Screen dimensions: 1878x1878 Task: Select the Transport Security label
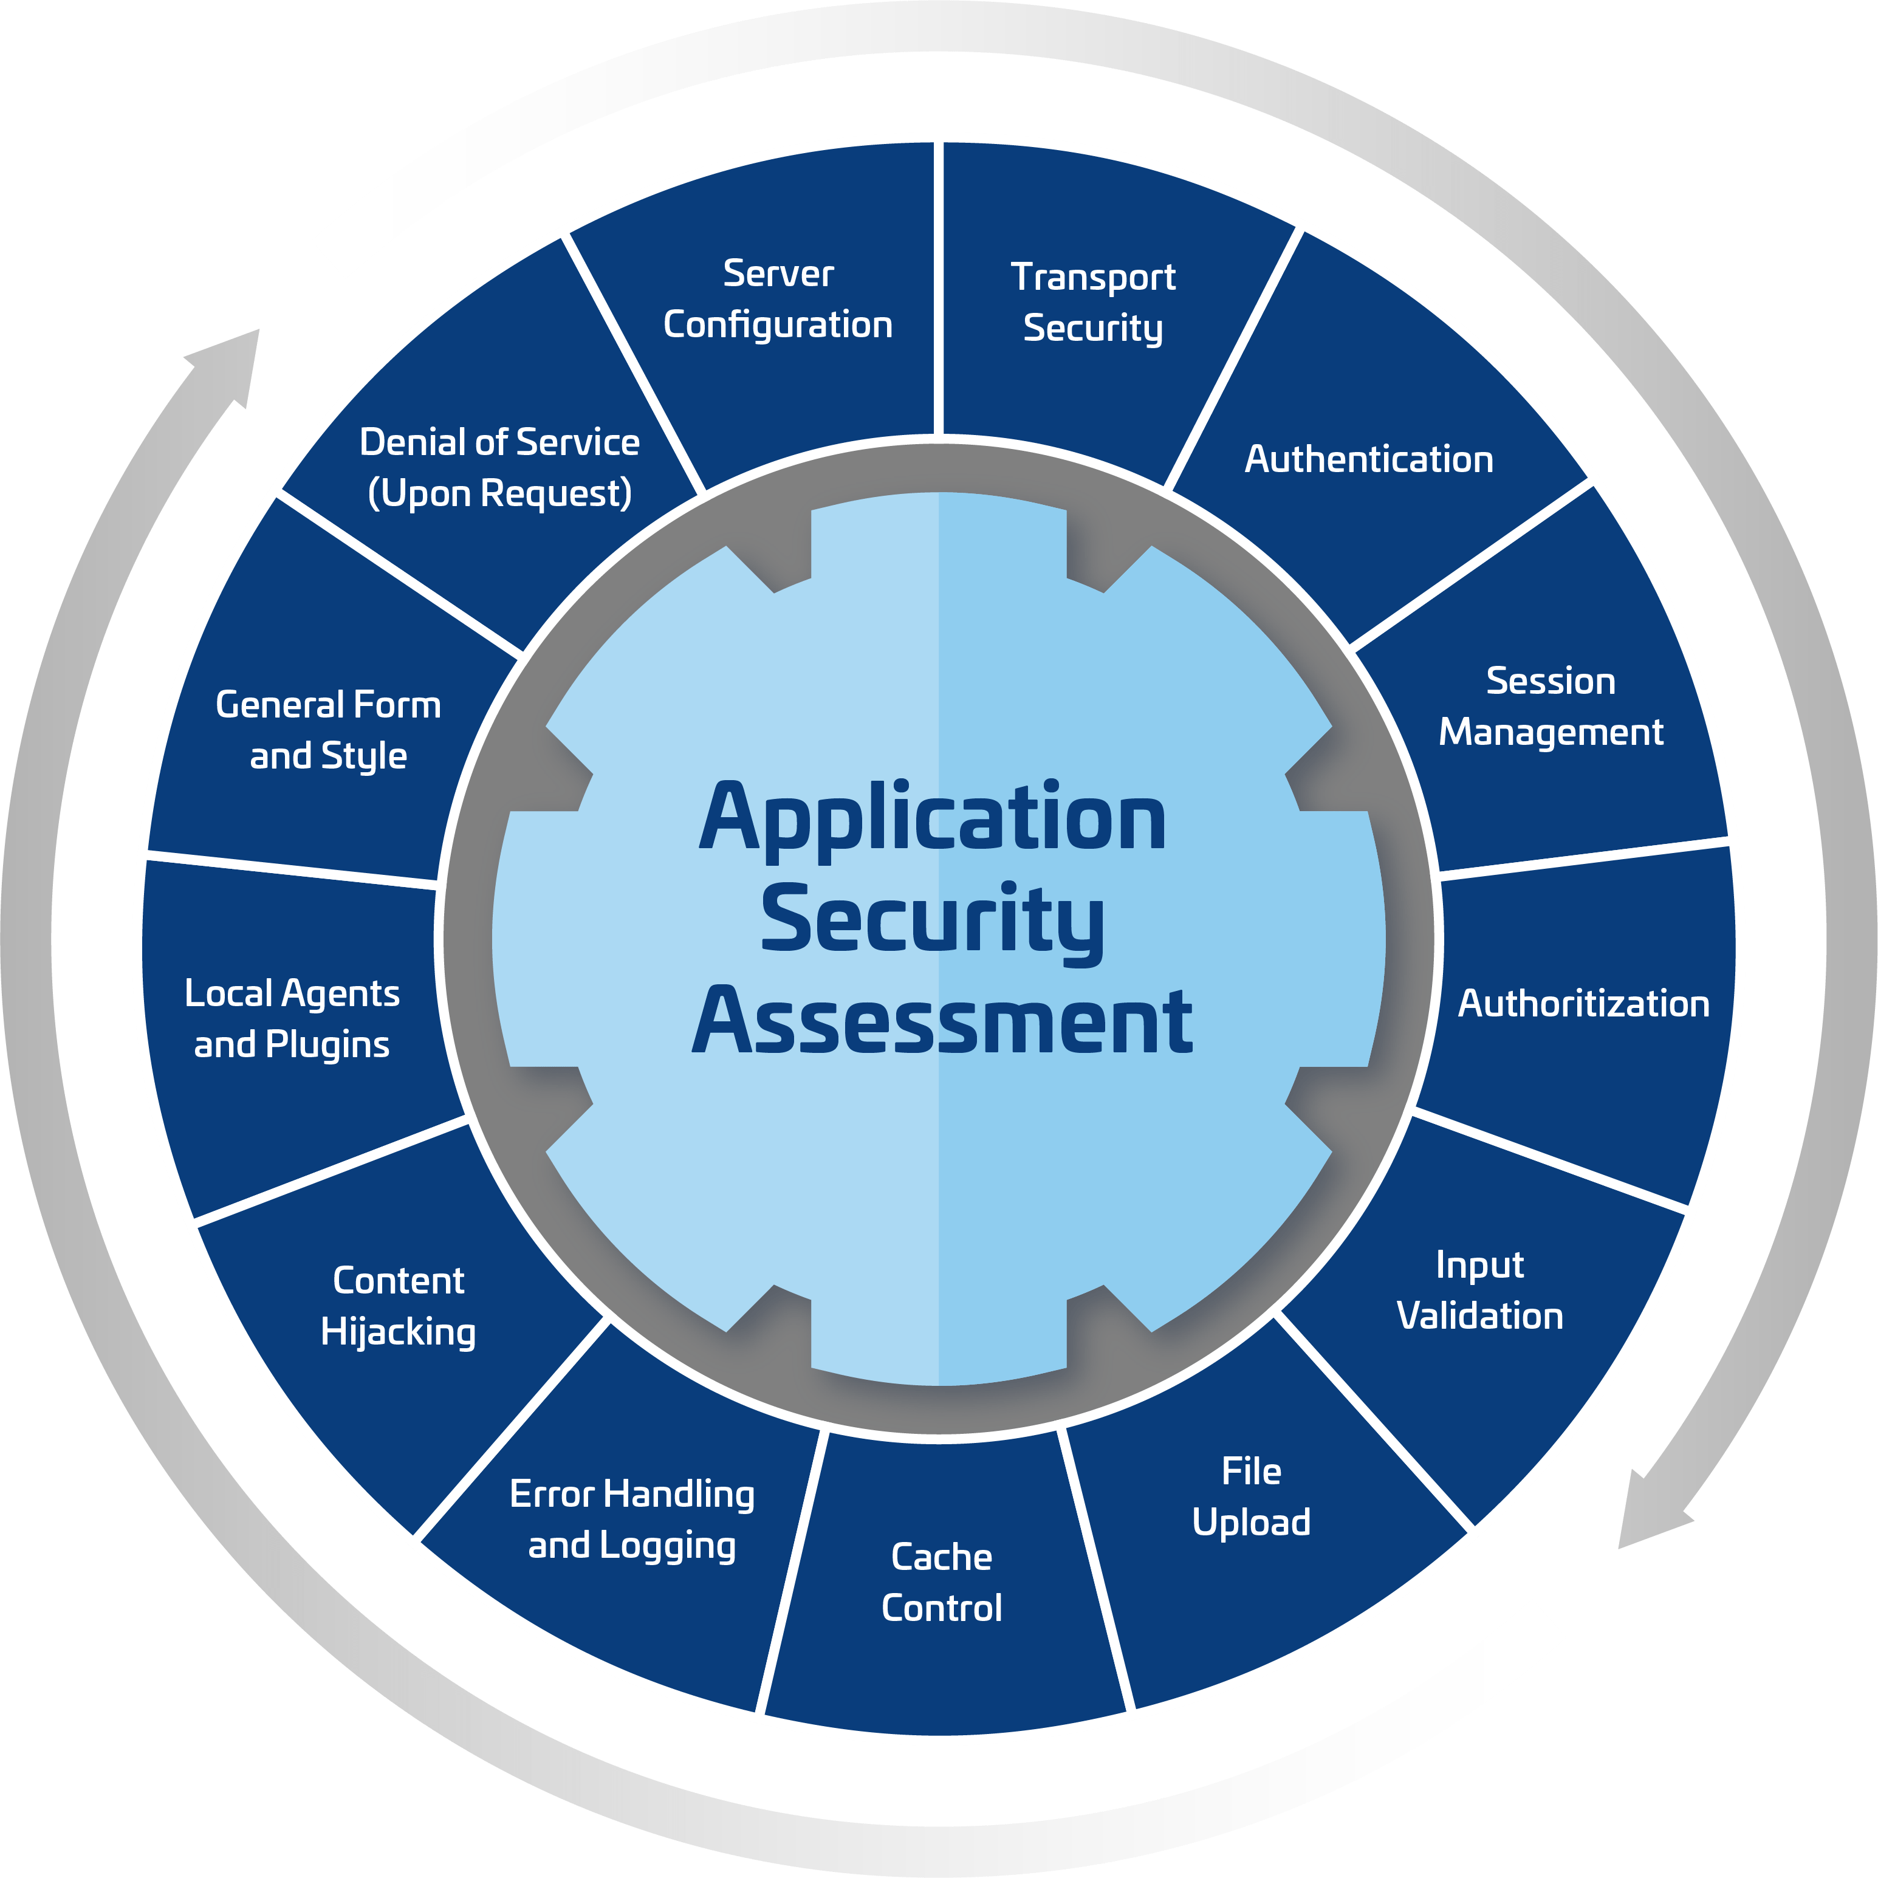[1092, 303]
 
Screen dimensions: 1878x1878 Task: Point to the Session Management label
[1551, 707]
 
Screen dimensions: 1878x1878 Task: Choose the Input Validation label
[1479, 1290]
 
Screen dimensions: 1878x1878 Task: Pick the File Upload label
[1251, 1497]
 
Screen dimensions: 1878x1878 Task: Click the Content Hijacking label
[399, 1306]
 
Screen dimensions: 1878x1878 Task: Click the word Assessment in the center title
[941, 1021]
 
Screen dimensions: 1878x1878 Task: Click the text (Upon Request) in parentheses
[499, 494]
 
